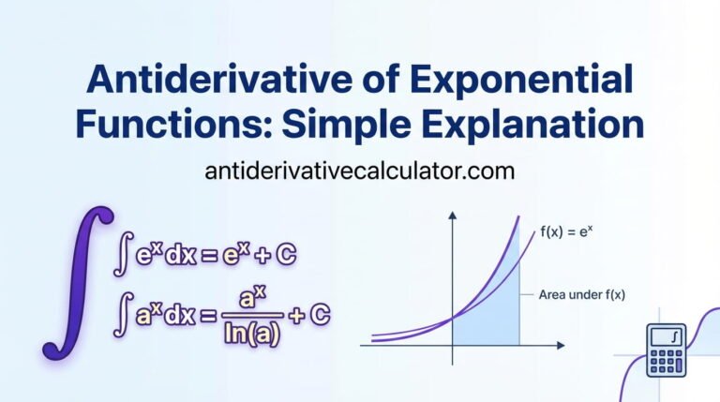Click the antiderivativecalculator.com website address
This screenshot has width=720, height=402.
point(360,172)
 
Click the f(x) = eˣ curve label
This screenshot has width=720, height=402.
point(573,231)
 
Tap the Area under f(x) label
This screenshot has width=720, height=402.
point(582,294)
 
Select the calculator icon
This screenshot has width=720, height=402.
point(667,350)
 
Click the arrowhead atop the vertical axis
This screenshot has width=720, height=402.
point(452,217)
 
